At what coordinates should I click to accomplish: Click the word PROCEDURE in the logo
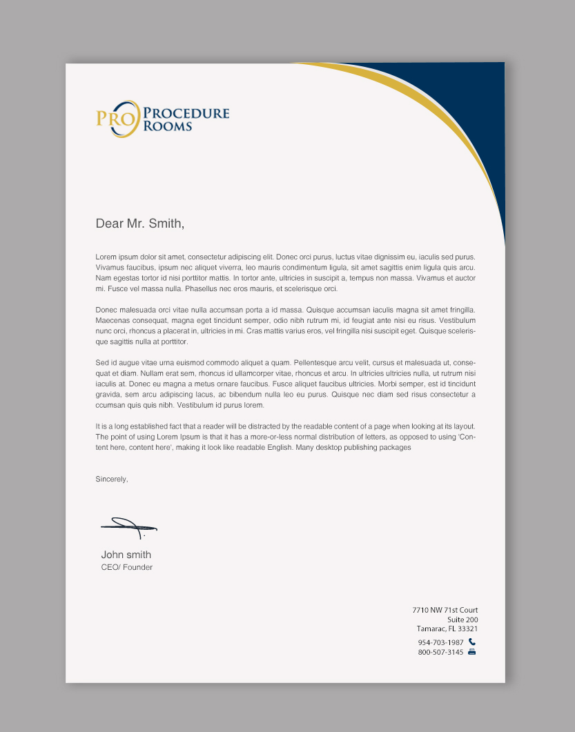tap(186, 113)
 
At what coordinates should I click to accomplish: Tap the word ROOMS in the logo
tap(168, 126)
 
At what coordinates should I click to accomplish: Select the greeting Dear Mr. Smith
tap(140, 224)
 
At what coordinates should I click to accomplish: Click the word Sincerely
tap(112, 479)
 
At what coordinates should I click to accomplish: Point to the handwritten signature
tap(128, 527)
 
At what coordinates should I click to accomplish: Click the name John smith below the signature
tap(126, 555)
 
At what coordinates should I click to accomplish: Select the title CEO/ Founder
tap(127, 567)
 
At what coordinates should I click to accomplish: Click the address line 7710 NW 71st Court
tap(445, 610)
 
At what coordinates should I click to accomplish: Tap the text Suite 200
tap(462, 620)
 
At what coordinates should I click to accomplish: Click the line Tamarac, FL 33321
tap(447, 629)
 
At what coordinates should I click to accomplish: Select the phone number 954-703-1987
tap(440, 642)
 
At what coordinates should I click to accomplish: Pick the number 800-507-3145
tap(440, 652)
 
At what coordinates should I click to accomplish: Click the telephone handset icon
tap(472, 642)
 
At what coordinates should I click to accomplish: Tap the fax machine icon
tap(472, 651)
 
